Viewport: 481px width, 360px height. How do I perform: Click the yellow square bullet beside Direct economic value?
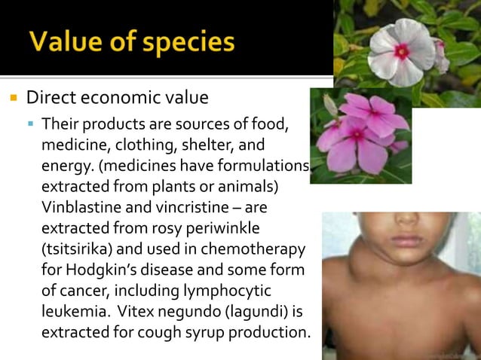(x=14, y=98)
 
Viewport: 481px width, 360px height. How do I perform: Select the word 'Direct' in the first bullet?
(x=50, y=98)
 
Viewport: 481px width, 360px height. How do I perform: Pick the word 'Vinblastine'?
(x=77, y=206)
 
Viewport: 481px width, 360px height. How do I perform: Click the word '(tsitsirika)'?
(x=84, y=248)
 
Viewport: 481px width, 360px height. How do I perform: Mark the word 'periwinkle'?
(x=210, y=227)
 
